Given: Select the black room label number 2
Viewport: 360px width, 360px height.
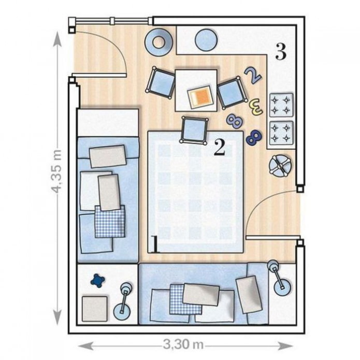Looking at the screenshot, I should coord(219,148).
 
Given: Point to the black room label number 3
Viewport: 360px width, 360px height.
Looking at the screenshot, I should coord(280,52).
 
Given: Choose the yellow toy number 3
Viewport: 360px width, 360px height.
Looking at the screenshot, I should coord(255,106).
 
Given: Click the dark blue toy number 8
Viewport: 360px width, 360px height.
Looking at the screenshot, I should coord(254,137).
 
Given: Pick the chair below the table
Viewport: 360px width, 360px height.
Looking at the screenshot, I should coord(195,129).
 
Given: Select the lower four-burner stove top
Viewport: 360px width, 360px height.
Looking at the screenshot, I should coord(280,132).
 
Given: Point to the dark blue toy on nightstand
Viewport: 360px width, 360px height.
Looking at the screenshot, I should coord(98,281).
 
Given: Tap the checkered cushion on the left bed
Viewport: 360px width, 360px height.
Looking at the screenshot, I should coord(110,221).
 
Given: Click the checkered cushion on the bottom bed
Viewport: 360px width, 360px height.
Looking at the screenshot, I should coord(185,299).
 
